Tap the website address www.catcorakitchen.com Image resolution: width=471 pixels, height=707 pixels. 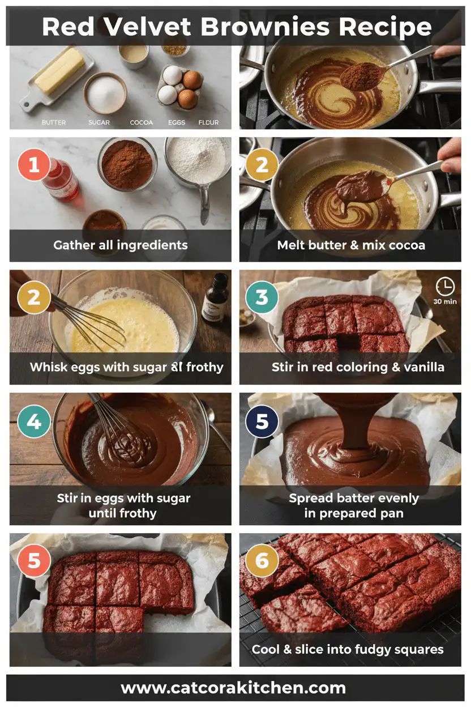(x=233, y=688)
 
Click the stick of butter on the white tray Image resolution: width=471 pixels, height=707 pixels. (x=59, y=71)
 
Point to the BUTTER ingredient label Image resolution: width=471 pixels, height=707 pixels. (x=54, y=122)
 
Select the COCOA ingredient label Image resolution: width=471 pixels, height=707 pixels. (x=141, y=122)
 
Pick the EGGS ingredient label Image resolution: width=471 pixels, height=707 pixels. (x=177, y=122)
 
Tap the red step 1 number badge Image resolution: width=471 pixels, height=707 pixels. (x=34, y=165)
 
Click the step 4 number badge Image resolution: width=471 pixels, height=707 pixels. (x=34, y=422)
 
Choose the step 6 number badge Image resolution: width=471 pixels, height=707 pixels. (x=262, y=561)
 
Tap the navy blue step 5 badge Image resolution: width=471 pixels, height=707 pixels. (x=262, y=422)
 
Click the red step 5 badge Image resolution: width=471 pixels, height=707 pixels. (x=34, y=561)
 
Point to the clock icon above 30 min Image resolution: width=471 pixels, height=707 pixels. (x=445, y=287)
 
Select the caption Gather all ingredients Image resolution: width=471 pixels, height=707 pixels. (x=120, y=245)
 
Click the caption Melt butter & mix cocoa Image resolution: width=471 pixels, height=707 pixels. (x=351, y=245)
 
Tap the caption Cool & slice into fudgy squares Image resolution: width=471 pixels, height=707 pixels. (x=348, y=649)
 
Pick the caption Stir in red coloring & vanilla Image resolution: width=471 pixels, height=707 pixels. (x=358, y=367)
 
